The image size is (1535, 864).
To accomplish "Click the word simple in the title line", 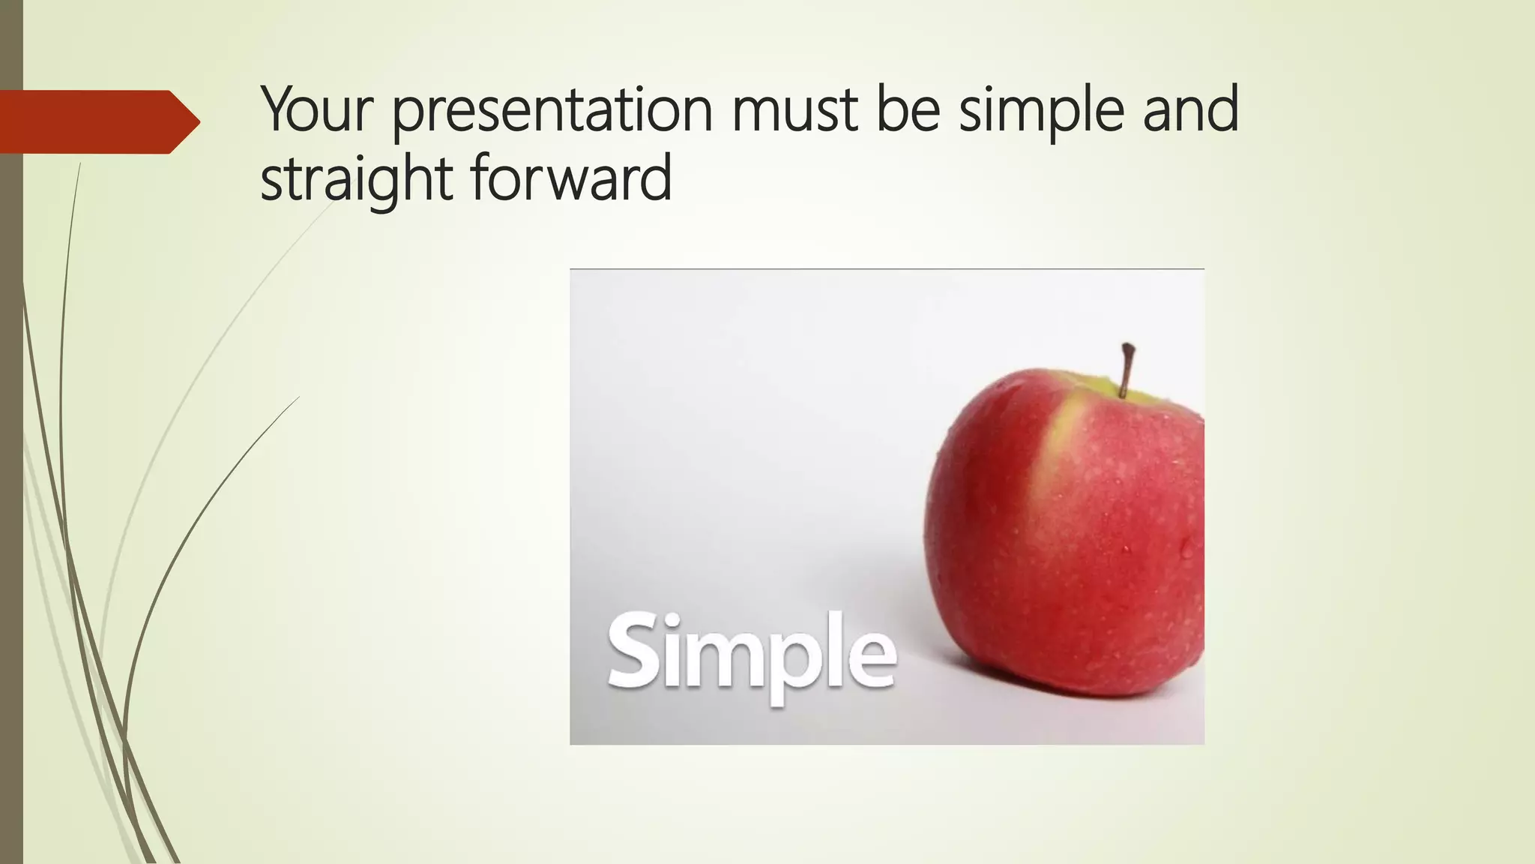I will [x=1042, y=111].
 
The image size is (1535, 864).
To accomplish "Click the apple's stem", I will [x=1126, y=370].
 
